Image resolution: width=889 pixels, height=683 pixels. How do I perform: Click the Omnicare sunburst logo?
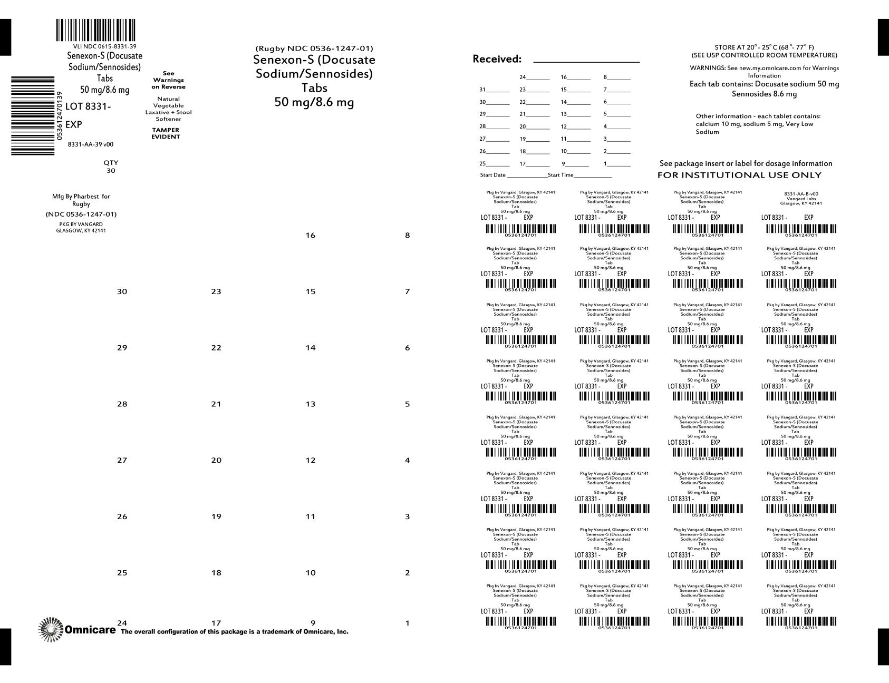coord(51,629)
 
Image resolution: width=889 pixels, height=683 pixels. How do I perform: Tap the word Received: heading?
coord(497,59)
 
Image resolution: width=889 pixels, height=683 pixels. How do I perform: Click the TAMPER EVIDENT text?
coord(166,133)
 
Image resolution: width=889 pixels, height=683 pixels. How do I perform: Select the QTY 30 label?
coord(111,167)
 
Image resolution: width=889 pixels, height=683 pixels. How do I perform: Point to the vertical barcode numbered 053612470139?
coord(33,115)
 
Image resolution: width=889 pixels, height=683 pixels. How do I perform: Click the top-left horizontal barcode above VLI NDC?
coord(95,30)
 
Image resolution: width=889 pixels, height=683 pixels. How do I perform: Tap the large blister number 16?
coord(310,236)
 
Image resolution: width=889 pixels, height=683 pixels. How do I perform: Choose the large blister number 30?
coord(122,291)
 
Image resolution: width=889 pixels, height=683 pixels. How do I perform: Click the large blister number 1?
coord(407,623)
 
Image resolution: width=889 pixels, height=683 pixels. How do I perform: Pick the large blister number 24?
coord(122,623)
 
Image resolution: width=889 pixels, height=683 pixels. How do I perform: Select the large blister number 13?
coord(310,404)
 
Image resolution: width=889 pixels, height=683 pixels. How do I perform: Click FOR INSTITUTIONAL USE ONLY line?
coord(739,175)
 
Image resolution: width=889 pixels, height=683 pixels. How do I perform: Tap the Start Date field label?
coord(492,175)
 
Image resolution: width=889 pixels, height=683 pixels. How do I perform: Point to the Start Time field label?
coord(561,175)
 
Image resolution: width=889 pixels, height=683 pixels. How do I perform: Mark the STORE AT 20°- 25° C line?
coord(764,47)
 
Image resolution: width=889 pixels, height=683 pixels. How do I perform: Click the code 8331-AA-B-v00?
coord(801,194)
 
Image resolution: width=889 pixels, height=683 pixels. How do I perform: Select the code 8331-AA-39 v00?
coord(91,144)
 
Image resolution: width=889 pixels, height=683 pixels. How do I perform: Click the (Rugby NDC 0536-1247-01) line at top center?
coord(314,49)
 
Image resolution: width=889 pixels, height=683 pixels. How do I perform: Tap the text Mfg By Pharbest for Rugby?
coord(81,200)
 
